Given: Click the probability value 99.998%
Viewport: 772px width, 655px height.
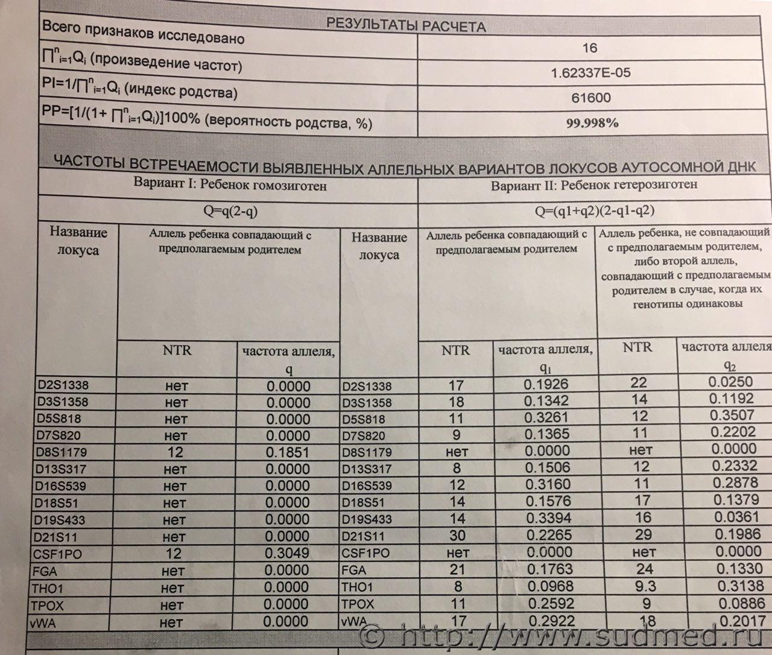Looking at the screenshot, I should pos(592,124).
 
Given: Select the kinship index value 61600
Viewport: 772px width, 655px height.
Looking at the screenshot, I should pos(591,98).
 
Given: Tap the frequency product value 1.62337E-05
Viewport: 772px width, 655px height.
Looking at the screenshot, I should pos(591,73).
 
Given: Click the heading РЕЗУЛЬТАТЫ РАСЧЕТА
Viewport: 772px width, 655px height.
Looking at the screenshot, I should pos(405,26).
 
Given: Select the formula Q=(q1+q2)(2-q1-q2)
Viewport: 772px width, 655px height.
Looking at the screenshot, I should pos(594,210).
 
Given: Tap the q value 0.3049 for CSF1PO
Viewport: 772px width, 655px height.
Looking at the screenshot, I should pos(288,554).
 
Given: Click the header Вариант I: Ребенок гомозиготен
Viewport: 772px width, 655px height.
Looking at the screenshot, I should pos(230,185).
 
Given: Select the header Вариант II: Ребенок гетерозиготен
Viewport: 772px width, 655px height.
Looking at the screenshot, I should pos(594,185).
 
